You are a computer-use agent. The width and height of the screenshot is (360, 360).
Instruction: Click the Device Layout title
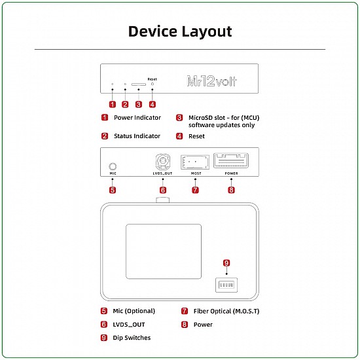[x=179, y=31]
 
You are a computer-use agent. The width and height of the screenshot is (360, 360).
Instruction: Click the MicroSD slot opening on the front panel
[x=139, y=84]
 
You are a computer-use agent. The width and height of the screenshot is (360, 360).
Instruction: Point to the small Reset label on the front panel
[x=153, y=78]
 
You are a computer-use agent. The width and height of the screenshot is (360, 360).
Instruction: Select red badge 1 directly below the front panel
[x=112, y=104]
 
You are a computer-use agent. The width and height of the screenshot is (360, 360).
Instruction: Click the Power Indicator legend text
[x=137, y=118]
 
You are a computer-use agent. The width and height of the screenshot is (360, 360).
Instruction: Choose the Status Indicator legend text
[x=137, y=136]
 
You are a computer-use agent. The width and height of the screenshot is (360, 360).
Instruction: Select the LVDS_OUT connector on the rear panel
[x=163, y=162]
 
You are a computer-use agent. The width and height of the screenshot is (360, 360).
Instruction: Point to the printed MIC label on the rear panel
[x=113, y=175]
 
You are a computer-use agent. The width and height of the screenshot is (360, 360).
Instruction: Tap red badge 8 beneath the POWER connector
[x=231, y=190]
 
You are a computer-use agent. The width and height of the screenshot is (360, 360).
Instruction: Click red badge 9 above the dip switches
[x=226, y=262]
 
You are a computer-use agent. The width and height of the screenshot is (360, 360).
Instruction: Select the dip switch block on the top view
[x=226, y=286]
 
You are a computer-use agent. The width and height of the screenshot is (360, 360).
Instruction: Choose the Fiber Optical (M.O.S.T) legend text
[x=226, y=311]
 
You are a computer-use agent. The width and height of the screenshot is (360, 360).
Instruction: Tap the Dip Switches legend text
[x=132, y=338]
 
